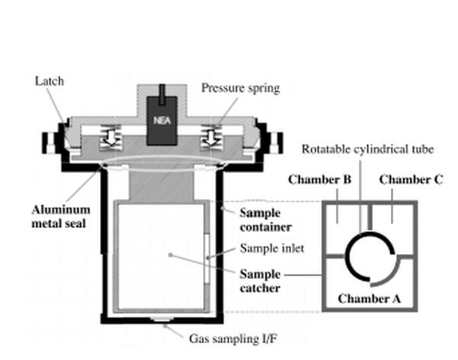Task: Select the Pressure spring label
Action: (240, 88)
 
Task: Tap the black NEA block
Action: (160, 120)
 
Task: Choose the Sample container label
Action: (264, 218)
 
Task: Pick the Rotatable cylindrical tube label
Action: (360, 148)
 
